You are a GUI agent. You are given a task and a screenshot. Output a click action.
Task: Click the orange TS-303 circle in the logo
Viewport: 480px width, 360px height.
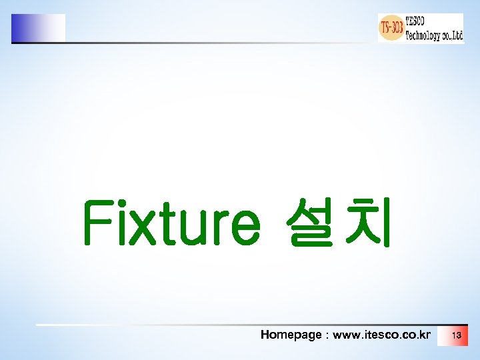(x=391, y=28)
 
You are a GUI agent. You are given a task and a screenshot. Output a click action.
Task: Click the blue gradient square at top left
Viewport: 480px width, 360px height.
(x=38, y=28)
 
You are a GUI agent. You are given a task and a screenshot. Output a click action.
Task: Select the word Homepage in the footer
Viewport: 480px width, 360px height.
(x=291, y=335)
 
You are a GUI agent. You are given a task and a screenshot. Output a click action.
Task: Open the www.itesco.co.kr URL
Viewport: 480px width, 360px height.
(x=381, y=335)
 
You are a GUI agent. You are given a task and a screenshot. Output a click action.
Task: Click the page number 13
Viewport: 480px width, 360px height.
(x=456, y=335)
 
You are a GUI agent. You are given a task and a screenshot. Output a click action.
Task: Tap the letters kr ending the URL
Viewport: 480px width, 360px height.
(x=425, y=335)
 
